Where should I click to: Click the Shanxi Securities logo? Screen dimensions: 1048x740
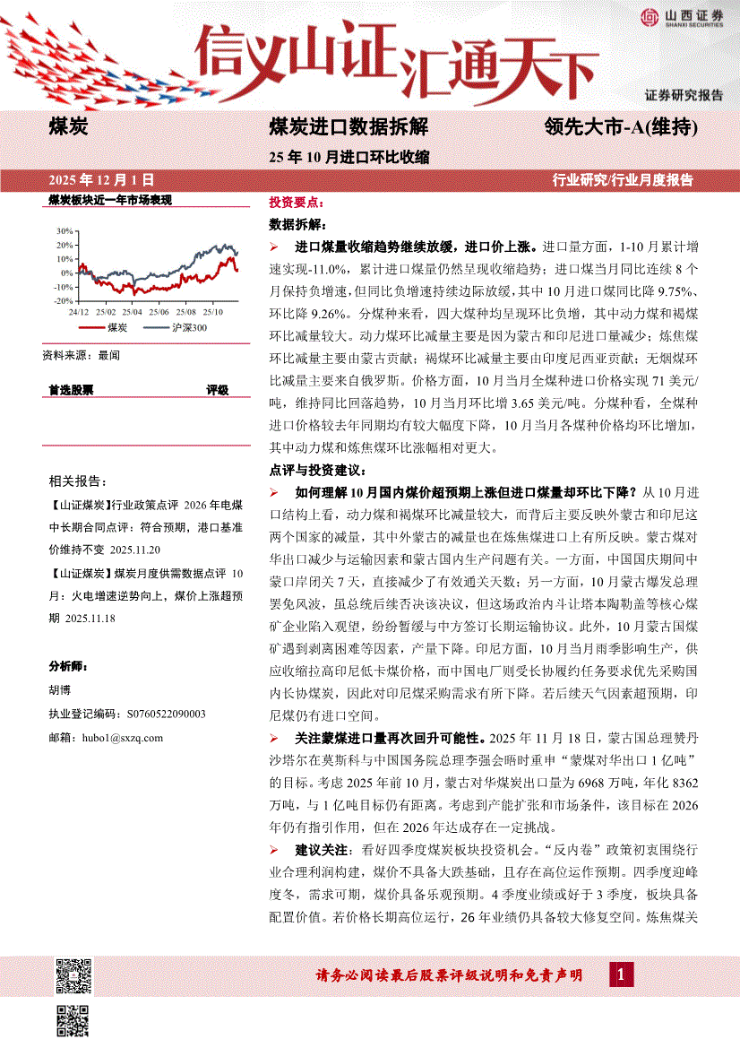pos(681,17)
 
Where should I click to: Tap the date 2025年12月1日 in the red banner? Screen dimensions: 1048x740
pos(99,179)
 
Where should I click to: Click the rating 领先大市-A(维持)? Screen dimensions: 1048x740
pos(621,127)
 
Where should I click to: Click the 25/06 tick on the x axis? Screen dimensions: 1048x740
pos(159,311)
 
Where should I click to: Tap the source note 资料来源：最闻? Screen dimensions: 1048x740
pos(81,356)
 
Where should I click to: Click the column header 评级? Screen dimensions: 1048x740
pos(218,390)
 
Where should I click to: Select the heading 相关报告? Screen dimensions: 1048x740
pos(78,481)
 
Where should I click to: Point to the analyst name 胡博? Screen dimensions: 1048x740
pos(58,690)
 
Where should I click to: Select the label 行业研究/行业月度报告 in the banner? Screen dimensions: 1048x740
pos(623,179)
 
